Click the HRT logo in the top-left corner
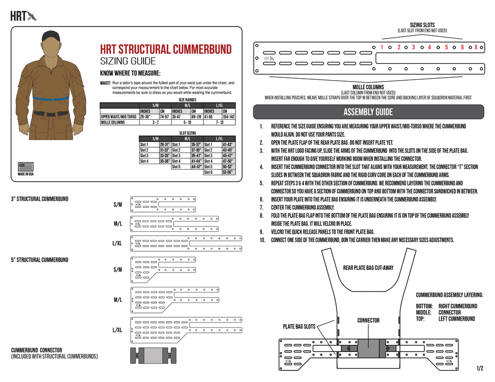(x=23, y=16)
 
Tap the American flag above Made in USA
(x=26, y=167)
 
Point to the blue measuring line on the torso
(x=51, y=98)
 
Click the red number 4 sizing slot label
(x=429, y=47)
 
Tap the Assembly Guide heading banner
(x=368, y=112)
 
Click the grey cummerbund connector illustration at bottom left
(x=153, y=355)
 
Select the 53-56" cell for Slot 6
(x=228, y=172)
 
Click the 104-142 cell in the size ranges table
(x=229, y=116)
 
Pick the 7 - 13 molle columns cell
(x=219, y=122)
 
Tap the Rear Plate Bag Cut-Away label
(x=368, y=267)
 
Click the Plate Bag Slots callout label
(x=299, y=326)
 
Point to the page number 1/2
(x=480, y=368)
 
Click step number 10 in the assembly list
(x=262, y=240)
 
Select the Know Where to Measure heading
(x=130, y=73)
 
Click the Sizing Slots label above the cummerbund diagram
(x=422, y=25)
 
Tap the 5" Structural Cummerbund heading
(x=40, y=260)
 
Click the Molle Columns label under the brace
(x=368, y=87)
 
